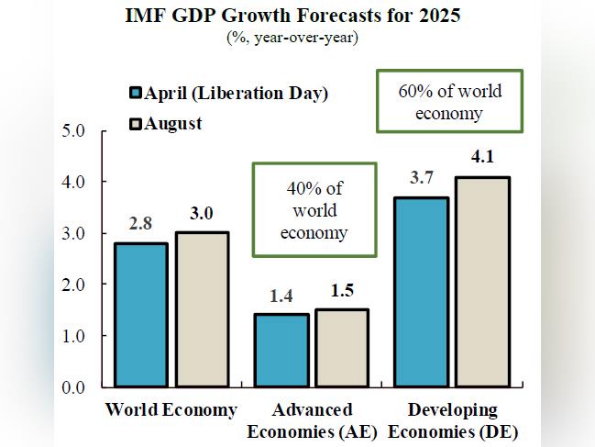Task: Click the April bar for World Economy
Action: click(140, 315)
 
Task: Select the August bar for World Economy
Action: click(202, 309)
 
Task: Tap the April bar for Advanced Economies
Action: click(281, 351)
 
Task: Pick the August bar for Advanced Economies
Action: click(342, 348)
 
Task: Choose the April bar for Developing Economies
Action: click(422, 292)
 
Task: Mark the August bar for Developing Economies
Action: click(483, 282)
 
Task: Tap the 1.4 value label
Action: click(281, 296)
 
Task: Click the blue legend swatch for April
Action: click(136, 93)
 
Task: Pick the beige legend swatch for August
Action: click(136, 122)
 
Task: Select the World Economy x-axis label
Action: click(171, 408)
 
